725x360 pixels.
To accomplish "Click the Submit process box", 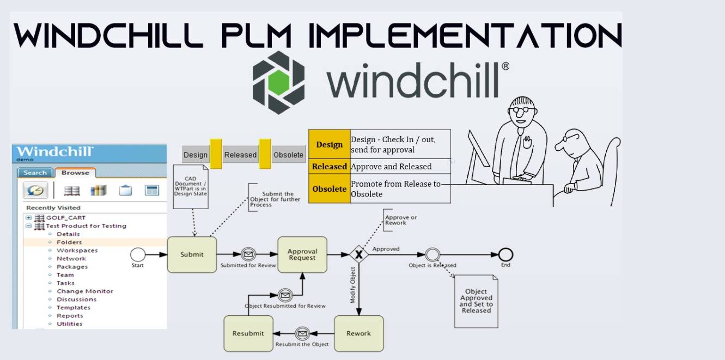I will [192, 254].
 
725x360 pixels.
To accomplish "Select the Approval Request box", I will [302, 254].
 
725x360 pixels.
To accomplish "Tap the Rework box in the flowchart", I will [358, 333].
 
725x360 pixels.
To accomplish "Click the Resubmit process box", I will [248, 333].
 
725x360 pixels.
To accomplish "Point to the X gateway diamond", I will [358, 254].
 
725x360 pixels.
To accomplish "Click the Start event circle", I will [138, 254].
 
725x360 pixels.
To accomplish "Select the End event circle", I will [506, 254].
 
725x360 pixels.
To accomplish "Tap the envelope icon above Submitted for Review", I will [248, 254].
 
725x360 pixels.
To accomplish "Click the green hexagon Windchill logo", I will [278, 82].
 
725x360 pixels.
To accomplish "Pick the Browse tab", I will [75, 173].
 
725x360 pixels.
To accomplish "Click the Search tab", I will [35, 173].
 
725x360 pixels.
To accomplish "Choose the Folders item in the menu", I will [69, 242].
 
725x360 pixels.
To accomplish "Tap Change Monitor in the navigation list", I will [85, 291].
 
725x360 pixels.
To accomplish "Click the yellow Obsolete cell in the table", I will [330, 189].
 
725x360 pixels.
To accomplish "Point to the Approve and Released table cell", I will [391, 167].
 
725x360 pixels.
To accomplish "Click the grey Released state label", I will [240, 155].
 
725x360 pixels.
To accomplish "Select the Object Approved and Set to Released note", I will [476, 301].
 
